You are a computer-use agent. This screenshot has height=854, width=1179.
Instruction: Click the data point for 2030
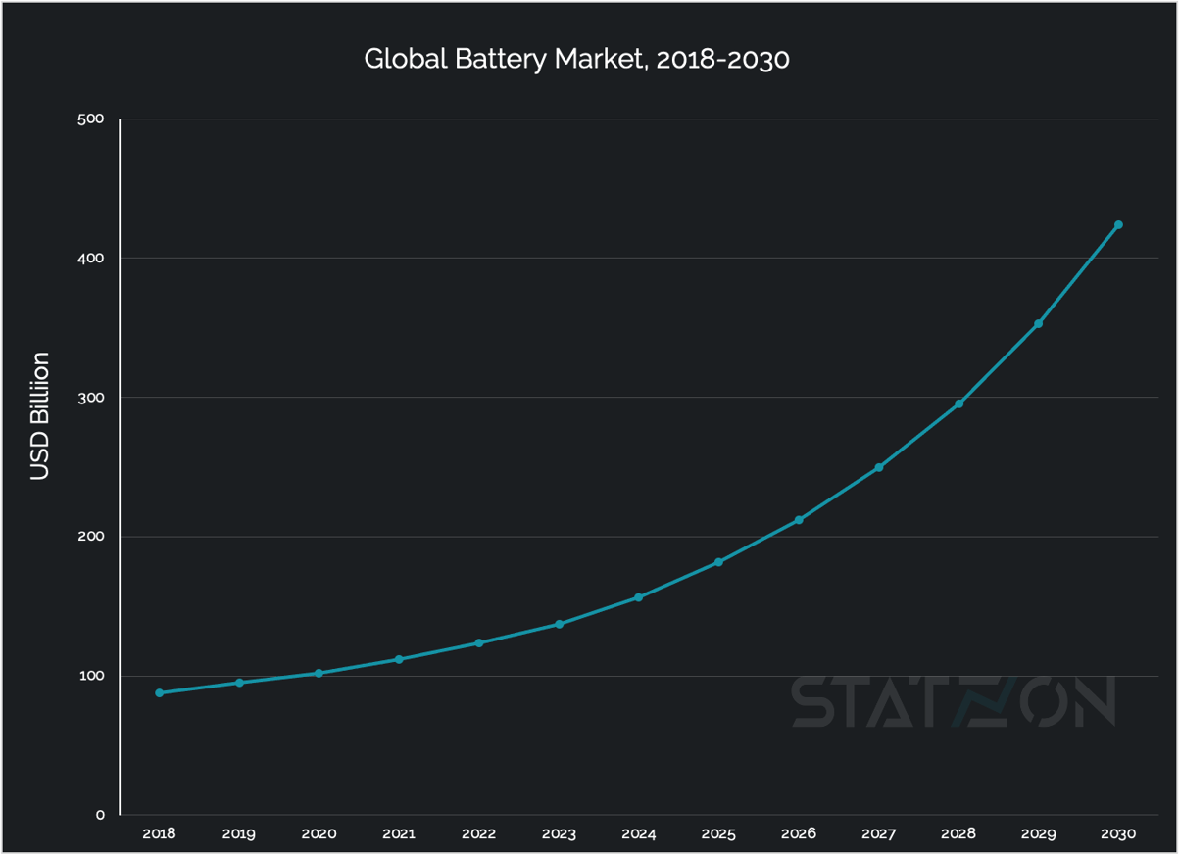click(x=1118, y=225)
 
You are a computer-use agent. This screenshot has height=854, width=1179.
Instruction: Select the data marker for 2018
click(x=160, y=693)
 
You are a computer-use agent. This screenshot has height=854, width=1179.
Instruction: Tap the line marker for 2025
click(x=718, y=562)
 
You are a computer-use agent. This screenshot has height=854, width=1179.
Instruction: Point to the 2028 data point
click(x=958, y=403)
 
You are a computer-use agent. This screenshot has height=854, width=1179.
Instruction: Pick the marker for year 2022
click(x=479, y=643)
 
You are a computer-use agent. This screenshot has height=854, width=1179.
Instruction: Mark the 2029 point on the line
click(x=1038, y=324)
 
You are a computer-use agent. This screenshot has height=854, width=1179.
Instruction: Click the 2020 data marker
click(x=319, y=674)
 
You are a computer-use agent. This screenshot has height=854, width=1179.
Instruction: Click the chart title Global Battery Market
click(x=576, y=60)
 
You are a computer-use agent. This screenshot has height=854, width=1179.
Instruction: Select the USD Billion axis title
click(x=39, y=416)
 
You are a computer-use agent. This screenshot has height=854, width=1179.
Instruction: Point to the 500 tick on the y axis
click(x=90, y=119)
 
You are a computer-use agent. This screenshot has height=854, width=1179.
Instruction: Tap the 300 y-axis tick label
click(x=91, y=398)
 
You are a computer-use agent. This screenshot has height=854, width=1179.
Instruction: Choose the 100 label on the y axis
click(x=91, y=676)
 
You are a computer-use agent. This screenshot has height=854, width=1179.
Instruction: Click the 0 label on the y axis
click(x=100, y=815)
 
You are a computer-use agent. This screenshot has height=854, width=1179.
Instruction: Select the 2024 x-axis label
click(x=639, y=834)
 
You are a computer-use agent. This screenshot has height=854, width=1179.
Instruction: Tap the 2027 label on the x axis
click(x=878, y=834)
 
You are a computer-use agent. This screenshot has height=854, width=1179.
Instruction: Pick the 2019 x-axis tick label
click(x=239, y=834)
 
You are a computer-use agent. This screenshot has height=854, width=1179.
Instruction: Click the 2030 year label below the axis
click(x=1118, y=834)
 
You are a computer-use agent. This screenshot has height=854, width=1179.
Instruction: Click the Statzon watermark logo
click(x=953, y=701)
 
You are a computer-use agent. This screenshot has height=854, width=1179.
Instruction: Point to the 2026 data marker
click(x=799, y=520)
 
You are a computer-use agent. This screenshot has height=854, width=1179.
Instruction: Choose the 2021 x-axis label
click(x=399, y=834)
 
